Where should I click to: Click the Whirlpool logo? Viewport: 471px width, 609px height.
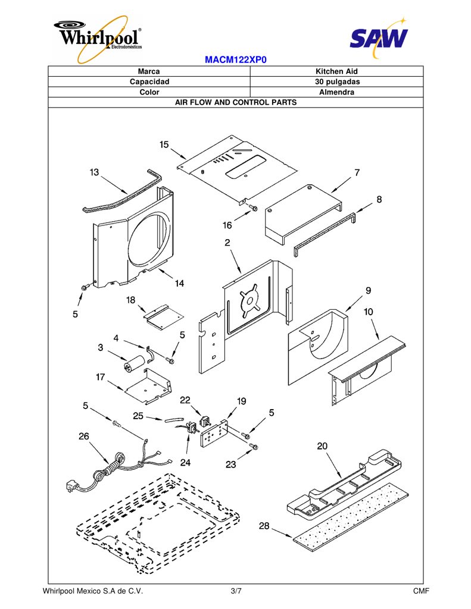tap(98, 39)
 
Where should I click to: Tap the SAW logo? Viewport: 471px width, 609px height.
tap(379, 37)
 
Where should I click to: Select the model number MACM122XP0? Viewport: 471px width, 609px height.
tap(236, 60)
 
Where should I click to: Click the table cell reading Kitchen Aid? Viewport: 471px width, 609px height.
tap(336, 71)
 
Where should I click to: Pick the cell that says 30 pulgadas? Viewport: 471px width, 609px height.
tap(337, 81)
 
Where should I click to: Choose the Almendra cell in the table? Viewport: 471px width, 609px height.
tap(336, 92)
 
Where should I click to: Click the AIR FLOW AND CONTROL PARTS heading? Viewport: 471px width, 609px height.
tap(236, 102)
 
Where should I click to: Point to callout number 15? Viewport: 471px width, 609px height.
tap(164, 145)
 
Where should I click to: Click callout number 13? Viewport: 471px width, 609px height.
tap(94, 172)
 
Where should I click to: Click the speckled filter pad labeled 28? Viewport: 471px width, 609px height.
tap(351, 517)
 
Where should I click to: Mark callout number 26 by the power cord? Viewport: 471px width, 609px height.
tap(84, 436)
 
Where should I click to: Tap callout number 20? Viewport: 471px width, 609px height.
tap(322, 446)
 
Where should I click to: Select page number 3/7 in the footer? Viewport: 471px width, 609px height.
tap(236, 591)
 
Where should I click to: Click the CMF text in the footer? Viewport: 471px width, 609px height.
tap(421, 591)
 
